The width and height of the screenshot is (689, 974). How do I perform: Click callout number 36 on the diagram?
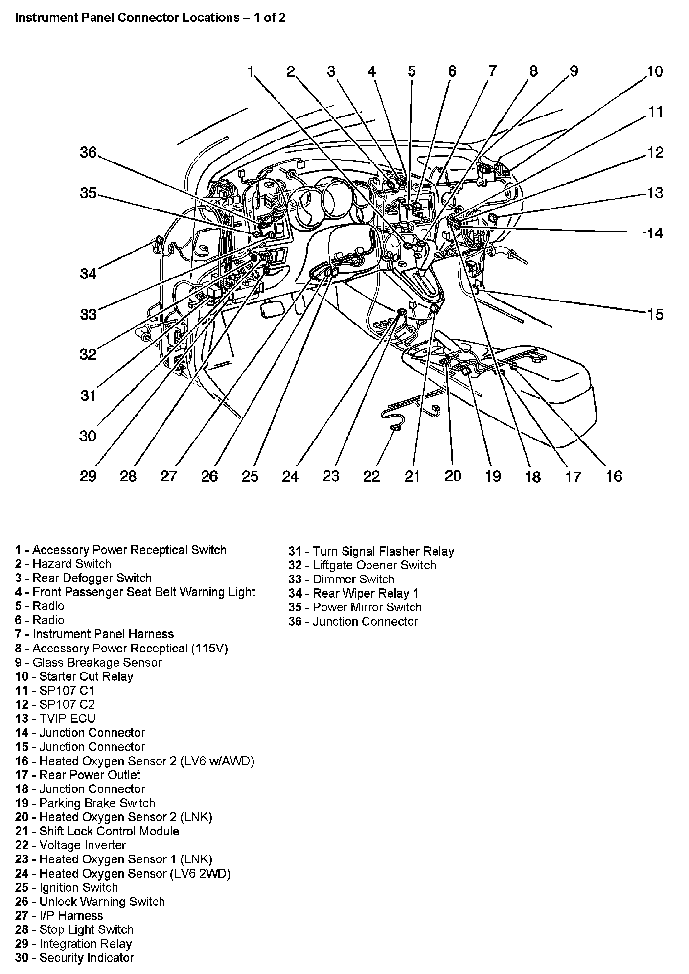89,153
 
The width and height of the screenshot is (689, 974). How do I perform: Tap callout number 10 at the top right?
655,71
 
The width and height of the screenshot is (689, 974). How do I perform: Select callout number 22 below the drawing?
371,476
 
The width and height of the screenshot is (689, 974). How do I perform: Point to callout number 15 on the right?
655,314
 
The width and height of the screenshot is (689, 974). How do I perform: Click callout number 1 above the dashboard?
251,71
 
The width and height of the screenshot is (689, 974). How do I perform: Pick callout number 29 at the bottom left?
88,476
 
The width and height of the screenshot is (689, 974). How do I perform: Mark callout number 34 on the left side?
89,274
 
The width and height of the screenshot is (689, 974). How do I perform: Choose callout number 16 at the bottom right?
614,476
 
